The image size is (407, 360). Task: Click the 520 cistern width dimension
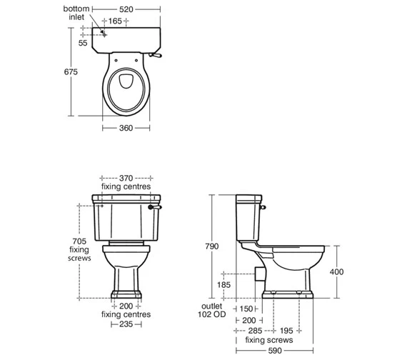[x=126, y=9]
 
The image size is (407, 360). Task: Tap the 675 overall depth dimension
[x=71, y=71]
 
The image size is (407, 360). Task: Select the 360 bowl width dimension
[x=126, y=128]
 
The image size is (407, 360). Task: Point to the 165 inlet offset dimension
[x=115, y=21]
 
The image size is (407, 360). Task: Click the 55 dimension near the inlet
[x=83, y=43]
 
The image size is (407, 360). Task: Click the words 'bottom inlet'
[x=76, y=13]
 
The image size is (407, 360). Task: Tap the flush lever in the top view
[x=155, y=55]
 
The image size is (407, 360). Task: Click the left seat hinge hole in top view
[x=116, y=61]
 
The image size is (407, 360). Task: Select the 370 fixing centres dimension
[x=126, y=178]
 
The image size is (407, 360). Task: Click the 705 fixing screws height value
[x=79, y=241]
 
